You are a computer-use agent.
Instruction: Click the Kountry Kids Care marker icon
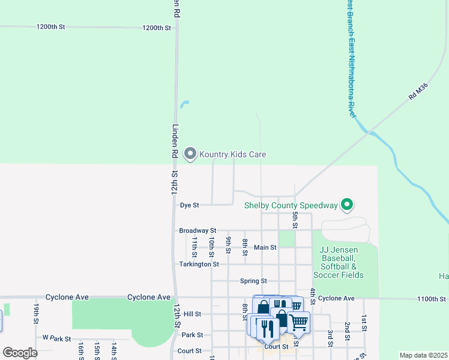point(190,154)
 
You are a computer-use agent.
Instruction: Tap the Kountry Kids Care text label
point(232,155)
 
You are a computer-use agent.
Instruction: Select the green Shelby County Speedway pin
point(346,205)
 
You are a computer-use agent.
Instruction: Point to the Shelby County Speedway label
point(291,205)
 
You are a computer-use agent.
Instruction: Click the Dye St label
point(189,205)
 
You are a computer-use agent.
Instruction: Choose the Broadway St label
point(197,230)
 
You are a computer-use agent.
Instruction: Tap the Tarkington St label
point(199,264)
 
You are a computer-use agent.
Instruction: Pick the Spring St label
point(253,281)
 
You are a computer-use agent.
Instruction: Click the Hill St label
point(192,314)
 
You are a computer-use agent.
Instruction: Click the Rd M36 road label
point(418,92)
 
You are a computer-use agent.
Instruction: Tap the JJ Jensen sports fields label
point(341,262)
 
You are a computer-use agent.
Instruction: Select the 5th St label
point(295,219)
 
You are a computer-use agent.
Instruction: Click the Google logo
point(19,353)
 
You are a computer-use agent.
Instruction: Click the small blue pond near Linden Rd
point(184,104)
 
